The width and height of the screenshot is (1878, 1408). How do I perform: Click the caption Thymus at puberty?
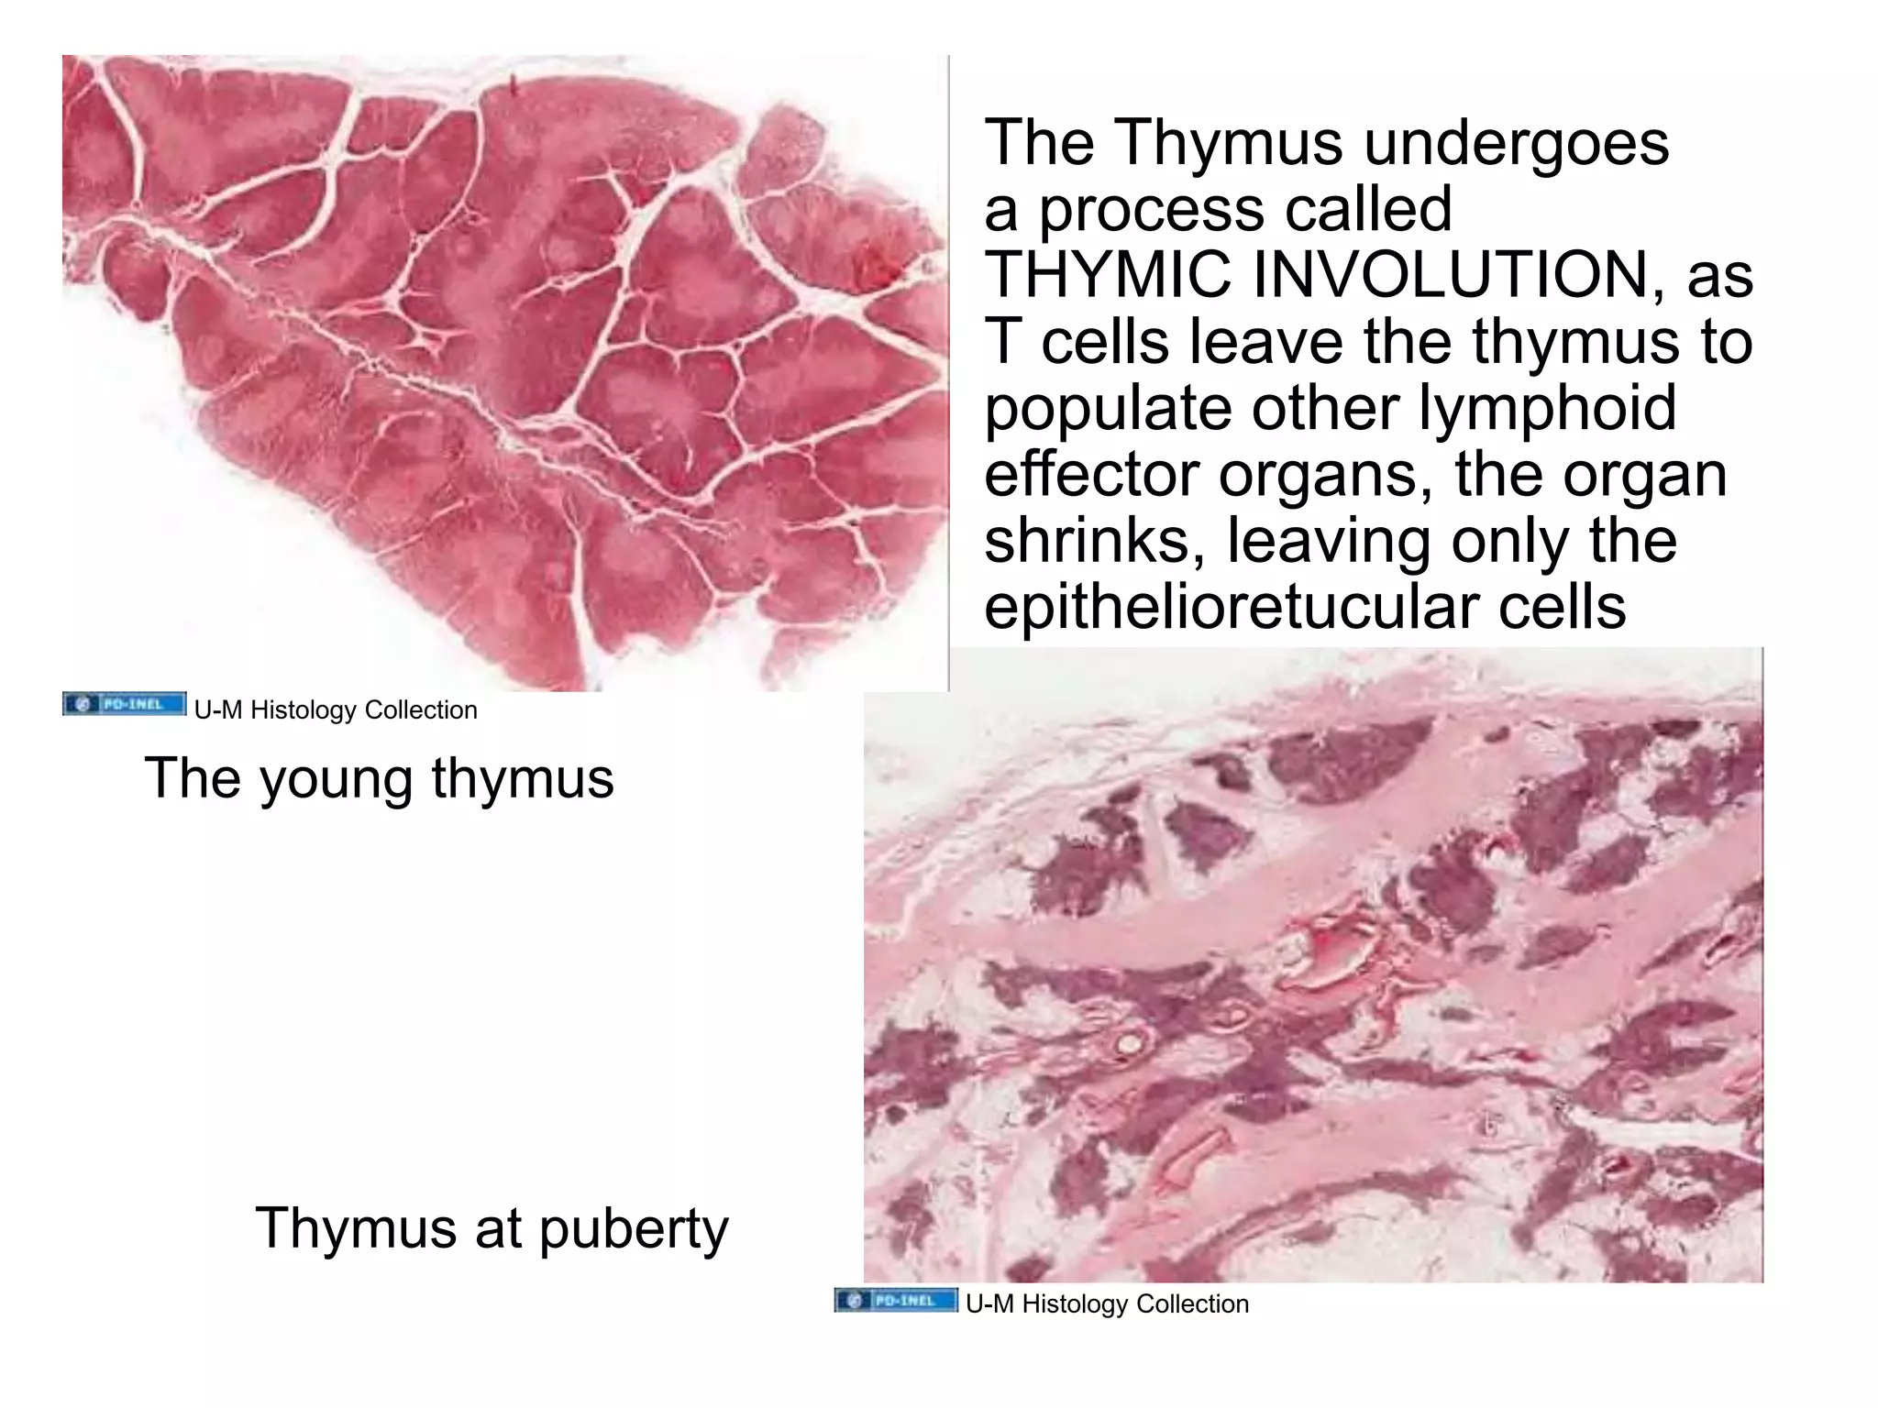pos(492,1227)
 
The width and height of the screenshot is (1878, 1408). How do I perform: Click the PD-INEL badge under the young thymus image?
pos(125,704)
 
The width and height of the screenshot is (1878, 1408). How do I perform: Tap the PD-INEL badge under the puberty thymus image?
pos(896,1300)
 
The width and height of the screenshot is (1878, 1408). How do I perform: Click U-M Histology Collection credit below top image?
pos(336,709)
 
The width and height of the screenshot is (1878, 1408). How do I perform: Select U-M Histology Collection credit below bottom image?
pos(1107,1303)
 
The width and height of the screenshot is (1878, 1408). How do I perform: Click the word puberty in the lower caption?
pos(633,1229)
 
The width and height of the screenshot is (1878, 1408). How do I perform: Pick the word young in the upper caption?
pos(336,779)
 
